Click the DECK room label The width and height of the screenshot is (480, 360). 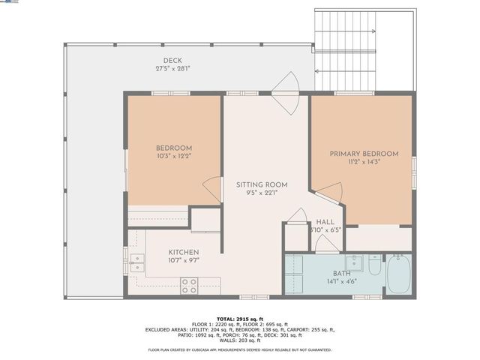[173, 61]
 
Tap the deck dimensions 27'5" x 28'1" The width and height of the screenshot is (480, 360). [173, 69]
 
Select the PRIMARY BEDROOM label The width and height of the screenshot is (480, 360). [364, 154]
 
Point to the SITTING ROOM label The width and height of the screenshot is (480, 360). [262, 184]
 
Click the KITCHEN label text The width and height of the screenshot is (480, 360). [183, 252]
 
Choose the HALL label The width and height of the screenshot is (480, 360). [325, 222]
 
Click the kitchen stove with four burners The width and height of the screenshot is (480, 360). [190, 285]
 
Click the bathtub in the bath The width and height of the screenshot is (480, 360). [397, 274]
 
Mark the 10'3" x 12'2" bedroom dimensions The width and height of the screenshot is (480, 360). [173, 157]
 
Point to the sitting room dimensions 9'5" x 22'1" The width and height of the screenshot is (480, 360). [262, 193]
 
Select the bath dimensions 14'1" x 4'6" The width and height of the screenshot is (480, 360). [340, 283]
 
